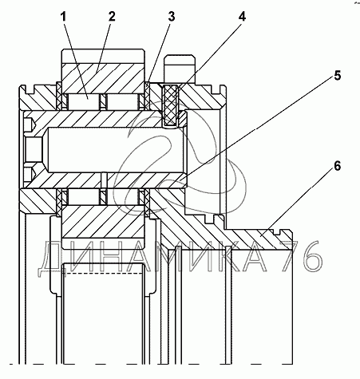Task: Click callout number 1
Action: pos(63,18)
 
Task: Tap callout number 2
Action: pos(112,17)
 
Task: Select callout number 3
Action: pos(172,17)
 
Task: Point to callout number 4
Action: pos(242,17)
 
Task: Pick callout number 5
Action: pos(337,76)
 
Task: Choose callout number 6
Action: pos(337,167)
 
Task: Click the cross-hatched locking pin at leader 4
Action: pos(170,105)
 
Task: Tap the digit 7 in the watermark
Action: pos(291,256)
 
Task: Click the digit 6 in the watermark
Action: pos(313,256)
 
